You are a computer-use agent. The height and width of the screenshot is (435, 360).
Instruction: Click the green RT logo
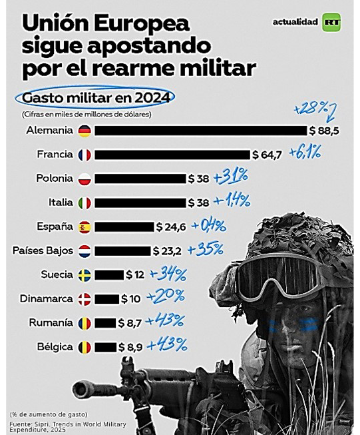click(x=331, y=22)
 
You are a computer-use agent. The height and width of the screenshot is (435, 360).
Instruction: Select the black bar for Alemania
click(x=201, y=131)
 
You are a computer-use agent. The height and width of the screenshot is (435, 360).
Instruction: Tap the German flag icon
click(x=85, y=131)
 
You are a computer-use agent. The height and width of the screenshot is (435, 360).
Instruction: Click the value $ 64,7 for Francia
click(x=267, y=155)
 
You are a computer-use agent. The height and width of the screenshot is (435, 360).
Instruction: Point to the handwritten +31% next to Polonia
click(x=231, y=177)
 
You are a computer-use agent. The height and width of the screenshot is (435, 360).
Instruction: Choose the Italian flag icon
click(x=85, y=203)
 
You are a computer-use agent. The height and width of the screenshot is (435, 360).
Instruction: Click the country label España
click(x=55, y=226)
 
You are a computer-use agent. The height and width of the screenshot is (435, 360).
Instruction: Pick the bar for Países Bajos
click(x=122, y=251)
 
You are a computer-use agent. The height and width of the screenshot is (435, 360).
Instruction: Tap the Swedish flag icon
click(x=85, y=275)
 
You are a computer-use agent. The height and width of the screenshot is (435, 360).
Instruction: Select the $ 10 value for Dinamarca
click(x=131, y=299)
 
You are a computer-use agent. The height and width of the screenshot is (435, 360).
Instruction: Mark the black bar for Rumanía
click(x=105, y=323)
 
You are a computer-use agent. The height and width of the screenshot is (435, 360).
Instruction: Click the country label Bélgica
click(x=55, y=347)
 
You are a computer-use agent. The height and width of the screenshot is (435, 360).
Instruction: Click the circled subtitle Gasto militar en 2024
click(x=96, y=98)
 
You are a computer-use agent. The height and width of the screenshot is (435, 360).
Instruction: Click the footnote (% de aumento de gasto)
click(x=49, y=415)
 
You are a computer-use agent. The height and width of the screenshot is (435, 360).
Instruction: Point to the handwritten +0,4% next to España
click(x=209, y=226)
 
